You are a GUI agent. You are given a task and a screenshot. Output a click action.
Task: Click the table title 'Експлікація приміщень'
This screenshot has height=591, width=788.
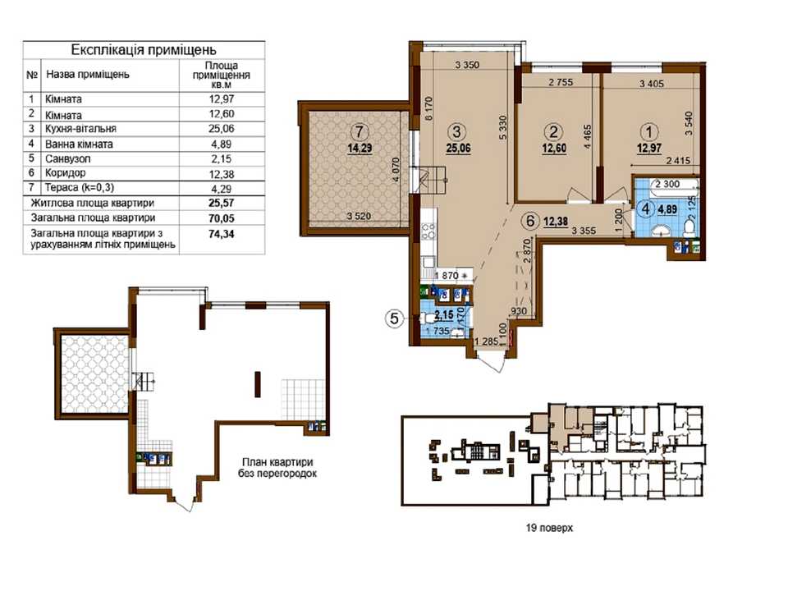144,50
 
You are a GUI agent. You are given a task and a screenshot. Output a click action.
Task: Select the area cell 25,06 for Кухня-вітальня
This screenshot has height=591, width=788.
221,129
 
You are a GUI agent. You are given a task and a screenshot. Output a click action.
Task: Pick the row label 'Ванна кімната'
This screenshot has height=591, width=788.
79,144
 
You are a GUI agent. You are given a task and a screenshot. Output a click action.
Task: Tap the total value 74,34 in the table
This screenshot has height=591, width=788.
221,234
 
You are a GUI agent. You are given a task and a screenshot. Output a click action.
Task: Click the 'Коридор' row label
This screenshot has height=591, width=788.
66,173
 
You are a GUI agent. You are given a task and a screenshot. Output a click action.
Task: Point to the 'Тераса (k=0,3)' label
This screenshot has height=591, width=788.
80,188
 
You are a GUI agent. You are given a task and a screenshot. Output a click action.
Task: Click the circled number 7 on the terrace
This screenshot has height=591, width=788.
359,132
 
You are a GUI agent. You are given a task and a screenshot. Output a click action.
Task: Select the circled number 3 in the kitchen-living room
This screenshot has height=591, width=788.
457,132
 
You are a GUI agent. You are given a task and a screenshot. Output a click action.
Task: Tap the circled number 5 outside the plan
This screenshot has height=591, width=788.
395,318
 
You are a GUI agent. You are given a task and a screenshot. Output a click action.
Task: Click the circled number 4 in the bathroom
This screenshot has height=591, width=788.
645,208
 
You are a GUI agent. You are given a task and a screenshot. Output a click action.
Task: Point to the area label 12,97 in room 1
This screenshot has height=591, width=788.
648,149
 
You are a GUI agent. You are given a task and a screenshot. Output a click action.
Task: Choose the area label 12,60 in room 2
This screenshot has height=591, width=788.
554,149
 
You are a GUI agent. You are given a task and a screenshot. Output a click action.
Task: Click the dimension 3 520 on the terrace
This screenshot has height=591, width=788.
359,217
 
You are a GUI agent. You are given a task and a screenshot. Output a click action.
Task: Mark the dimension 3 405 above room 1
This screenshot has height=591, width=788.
651,84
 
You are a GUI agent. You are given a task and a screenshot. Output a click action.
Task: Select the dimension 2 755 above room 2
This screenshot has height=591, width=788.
561,82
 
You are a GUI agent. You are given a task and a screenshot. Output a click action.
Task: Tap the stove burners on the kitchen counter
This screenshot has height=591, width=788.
428,232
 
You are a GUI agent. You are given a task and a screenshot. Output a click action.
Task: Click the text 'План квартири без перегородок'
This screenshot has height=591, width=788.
277,467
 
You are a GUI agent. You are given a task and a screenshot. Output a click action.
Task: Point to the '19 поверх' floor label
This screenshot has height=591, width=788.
549,528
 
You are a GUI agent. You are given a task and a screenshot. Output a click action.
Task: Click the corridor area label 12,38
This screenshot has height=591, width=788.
555,220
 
